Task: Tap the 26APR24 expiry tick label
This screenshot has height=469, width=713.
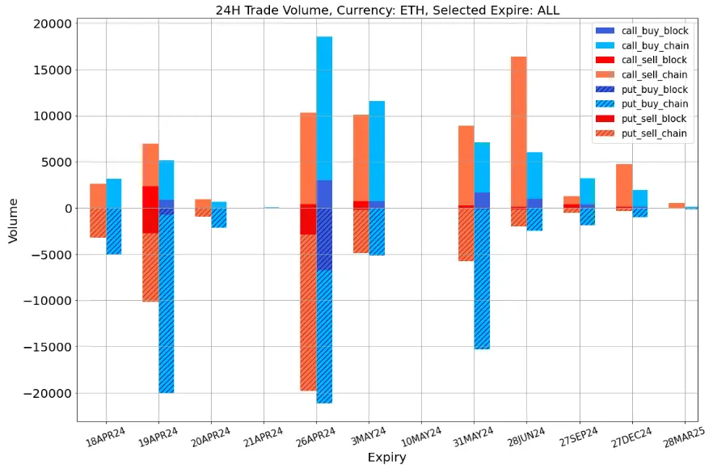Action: click(316, 437)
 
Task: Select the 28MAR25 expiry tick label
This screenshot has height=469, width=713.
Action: click(684, 437)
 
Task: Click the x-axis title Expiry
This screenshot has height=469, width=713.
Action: click(386, 458)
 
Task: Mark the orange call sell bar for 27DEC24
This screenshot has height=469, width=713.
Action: click(624, 186)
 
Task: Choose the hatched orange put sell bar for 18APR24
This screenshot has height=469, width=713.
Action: click(98, 222)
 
